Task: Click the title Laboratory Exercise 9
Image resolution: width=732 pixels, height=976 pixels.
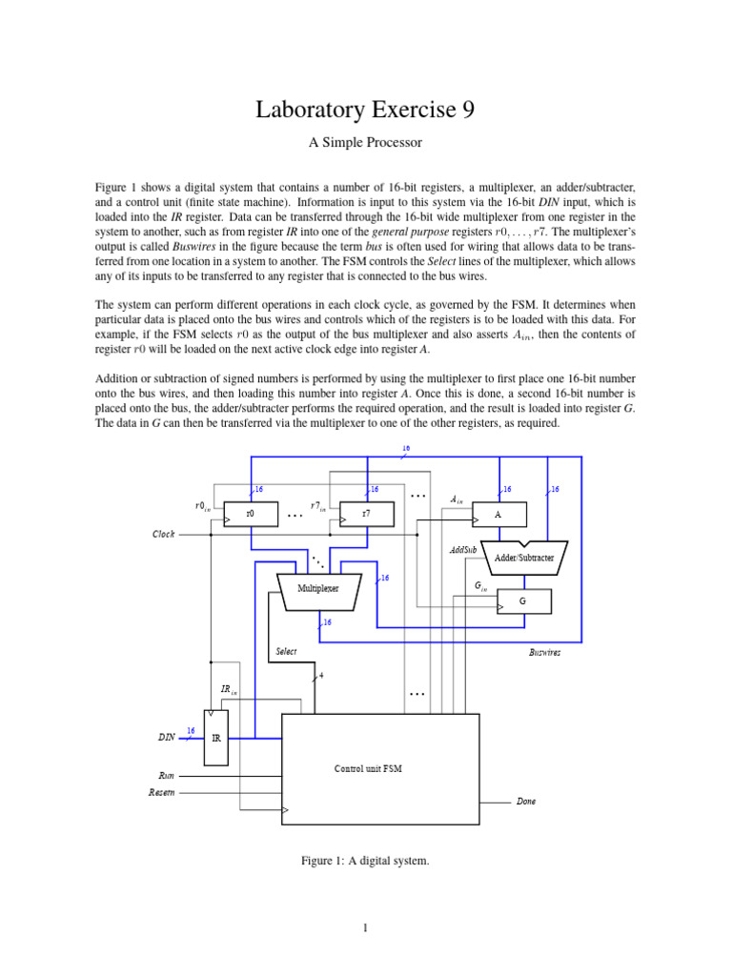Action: [x=365, y=112]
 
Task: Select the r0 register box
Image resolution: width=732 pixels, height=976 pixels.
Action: [x=250, y=513]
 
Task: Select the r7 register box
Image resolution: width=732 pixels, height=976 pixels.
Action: [x=367, y=513]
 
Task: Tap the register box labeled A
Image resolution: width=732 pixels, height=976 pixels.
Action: [x=498, y=513]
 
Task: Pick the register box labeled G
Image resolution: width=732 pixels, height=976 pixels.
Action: [x=522, y=601]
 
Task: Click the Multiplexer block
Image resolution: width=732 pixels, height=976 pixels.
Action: [x=318, y=589]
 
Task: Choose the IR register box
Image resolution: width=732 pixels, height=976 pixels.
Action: [x=216, y=737]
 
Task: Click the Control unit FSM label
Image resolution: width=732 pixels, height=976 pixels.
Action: [x=367, y=768]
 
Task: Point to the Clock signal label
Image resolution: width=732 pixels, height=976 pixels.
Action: [x=164, y=535]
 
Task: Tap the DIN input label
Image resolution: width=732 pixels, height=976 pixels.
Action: [x=166, y=737]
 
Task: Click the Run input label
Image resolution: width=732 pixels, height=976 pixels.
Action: [x=164, y=776]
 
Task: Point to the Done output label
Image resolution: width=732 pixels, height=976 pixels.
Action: [x=526, y=802]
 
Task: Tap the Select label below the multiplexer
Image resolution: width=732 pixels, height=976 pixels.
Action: [x=286, y=652]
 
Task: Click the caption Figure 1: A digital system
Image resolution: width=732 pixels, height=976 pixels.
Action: [x=365, y=862]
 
